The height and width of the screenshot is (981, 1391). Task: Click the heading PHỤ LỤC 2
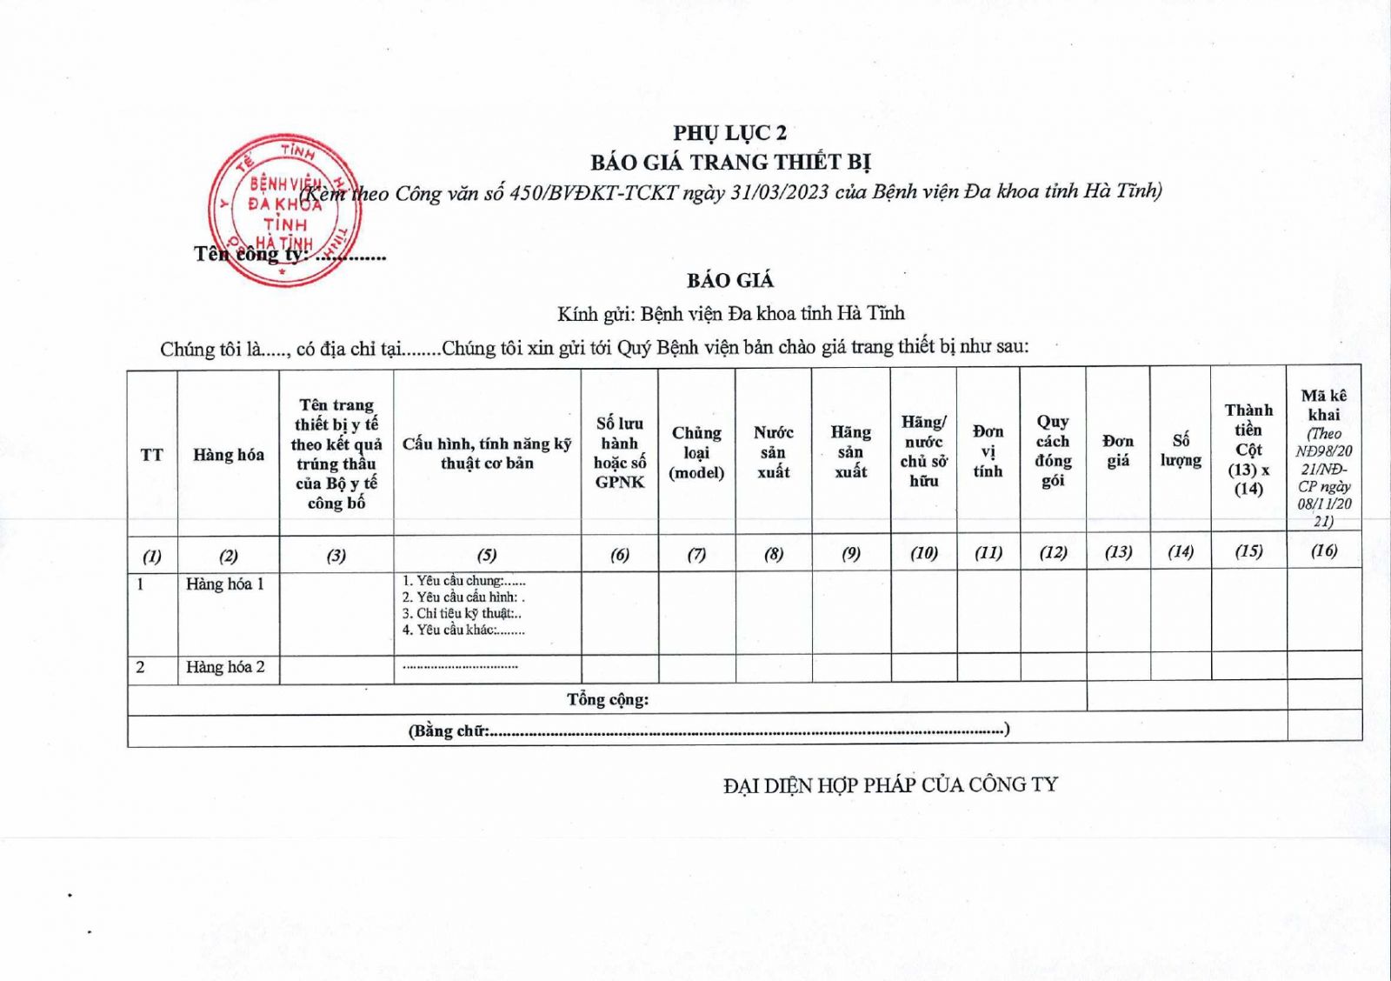pos(729,133)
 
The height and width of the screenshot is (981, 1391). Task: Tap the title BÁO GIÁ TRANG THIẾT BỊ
pos(730,163)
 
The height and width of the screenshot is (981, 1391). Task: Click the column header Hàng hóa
pos(229,455)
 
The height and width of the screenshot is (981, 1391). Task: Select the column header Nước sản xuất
pos(773,452)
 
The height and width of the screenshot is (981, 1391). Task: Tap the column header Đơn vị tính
pos(988,451)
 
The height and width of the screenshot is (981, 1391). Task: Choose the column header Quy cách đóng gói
pos(1053,450)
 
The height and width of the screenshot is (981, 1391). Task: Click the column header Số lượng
pos(1181,450)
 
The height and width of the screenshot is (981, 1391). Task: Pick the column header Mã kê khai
pos(1324,405)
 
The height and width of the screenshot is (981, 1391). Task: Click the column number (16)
pos(1324,551)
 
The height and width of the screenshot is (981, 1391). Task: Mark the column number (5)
pos(487,555)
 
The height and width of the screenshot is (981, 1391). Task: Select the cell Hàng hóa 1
pos(225,584)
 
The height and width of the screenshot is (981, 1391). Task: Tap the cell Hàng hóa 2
pos(225,668)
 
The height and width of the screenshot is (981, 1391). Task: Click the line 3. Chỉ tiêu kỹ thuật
pos(462,614)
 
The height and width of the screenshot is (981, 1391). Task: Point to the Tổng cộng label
pos(608,699)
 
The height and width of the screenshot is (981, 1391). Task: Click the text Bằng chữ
pos(449,731)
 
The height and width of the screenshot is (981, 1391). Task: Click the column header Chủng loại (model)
pos(696,452)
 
